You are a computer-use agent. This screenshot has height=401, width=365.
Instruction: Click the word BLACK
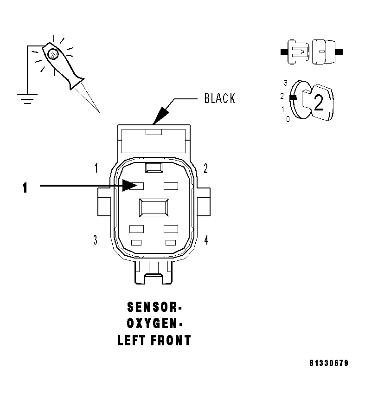219,98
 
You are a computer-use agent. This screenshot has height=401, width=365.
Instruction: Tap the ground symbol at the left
27,98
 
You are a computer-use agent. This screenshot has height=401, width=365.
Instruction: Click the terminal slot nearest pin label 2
171,186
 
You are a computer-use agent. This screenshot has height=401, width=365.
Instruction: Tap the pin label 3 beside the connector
95,240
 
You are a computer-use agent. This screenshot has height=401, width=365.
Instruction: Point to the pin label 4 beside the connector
206,240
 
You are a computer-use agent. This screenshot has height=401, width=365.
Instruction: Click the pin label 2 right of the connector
205,168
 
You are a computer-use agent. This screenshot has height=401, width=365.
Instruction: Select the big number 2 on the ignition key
319,103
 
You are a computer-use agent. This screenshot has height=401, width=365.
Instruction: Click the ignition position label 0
288,119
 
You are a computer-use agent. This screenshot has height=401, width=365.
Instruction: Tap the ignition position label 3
286,83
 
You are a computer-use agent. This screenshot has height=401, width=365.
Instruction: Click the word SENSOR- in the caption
154,307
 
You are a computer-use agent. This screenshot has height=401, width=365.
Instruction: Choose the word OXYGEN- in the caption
154,324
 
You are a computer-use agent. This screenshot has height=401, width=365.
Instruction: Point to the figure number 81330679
329,363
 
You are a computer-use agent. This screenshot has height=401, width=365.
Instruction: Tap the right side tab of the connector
205,201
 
